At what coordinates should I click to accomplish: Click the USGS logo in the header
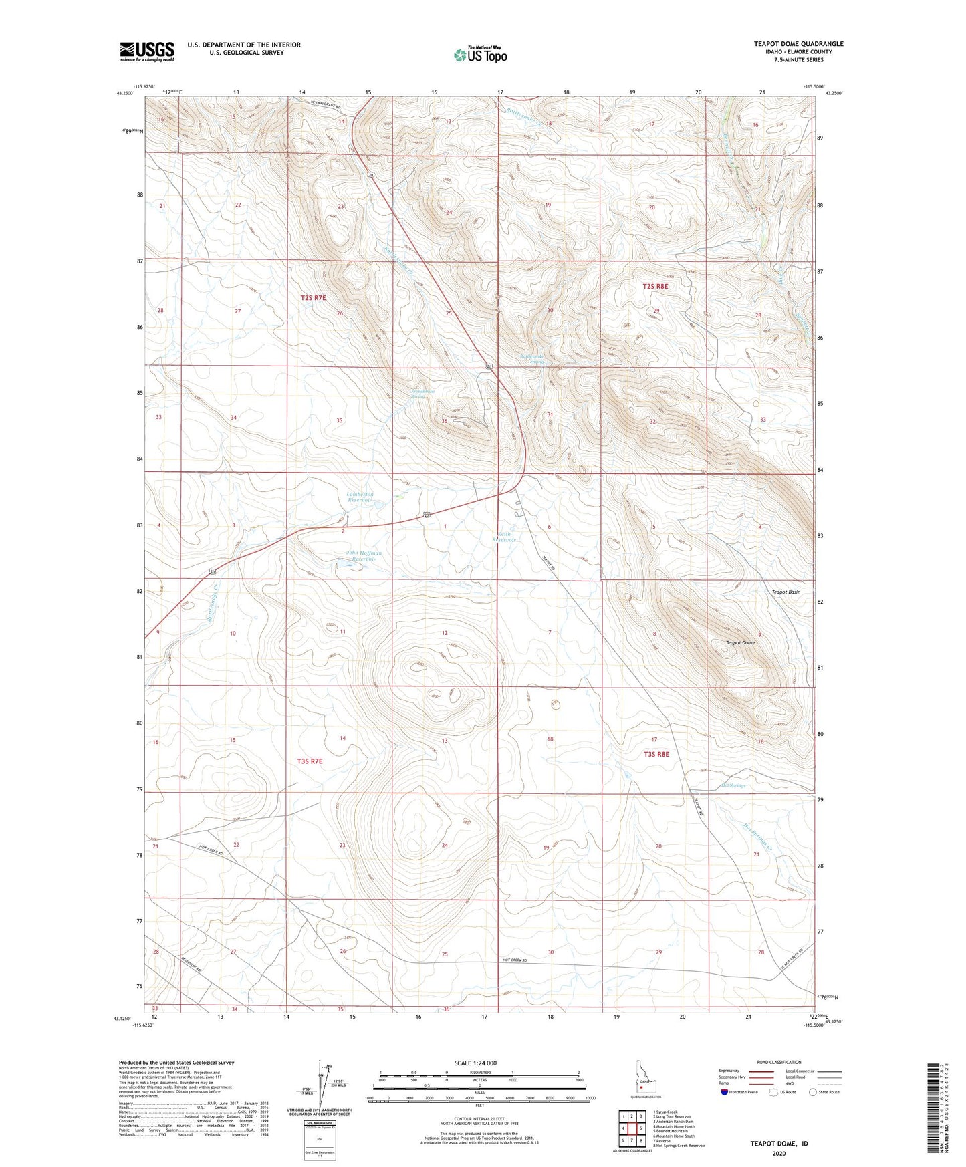tap(147, 51)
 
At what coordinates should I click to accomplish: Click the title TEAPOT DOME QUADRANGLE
tap(798, 44)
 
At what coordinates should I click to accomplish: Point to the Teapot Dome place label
tap(739, 642)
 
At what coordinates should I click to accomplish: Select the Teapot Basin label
tap(786, 592)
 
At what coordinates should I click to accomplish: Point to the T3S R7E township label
tap(310, 761)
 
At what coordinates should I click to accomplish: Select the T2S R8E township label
tap(655, 286)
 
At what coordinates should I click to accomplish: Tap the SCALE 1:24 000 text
tap(475, 1063)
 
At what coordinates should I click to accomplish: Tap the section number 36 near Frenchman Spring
tap(444, 421)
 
